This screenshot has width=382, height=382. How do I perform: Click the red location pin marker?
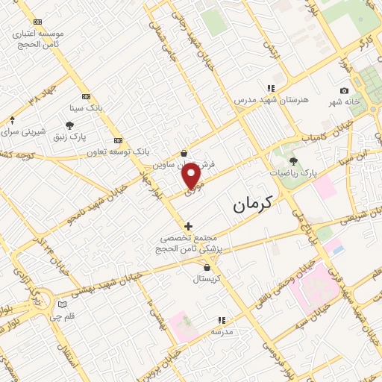tap(192, 175)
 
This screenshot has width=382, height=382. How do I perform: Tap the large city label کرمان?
tap(253, 204)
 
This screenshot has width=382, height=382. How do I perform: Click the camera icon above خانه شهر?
tap(344, 90)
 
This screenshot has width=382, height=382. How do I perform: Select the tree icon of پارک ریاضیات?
tap(292, 160)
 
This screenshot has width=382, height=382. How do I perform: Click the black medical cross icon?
tap(188, 225)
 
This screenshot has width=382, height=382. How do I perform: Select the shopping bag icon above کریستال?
tap(206, 266)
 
